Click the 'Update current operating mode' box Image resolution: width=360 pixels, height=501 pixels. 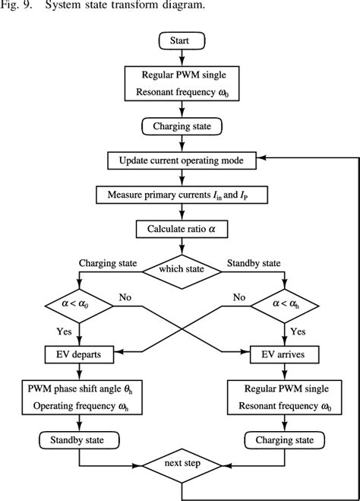(179, 161)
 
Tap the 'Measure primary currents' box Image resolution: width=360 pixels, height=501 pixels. (179, 195)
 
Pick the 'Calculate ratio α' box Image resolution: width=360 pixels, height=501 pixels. (179, 229)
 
